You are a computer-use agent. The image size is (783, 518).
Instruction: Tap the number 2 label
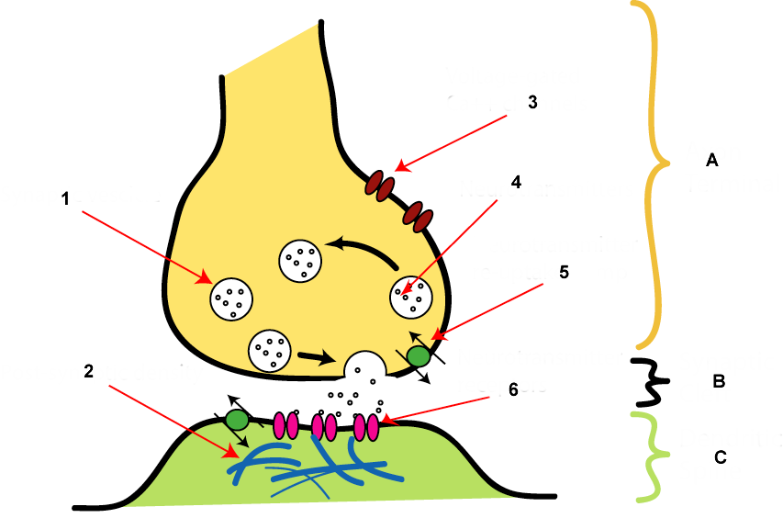[88, 371]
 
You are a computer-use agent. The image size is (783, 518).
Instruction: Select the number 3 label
[531, 102]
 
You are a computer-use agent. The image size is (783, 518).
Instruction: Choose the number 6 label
[513, 389]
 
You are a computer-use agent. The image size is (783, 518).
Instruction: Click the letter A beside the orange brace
[710, 161]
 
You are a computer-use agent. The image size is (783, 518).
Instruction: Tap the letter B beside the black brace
[718, 380]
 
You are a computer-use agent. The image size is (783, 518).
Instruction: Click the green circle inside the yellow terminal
[418, 354]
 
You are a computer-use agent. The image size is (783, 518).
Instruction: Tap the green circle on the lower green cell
[238, 420]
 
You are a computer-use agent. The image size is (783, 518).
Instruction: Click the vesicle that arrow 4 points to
[412, 296]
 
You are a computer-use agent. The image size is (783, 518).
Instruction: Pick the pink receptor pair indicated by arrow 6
[365, 425]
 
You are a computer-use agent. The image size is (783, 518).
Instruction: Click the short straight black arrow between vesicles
[314, 355]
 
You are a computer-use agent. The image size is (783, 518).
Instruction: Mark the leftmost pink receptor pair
[286, 425]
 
